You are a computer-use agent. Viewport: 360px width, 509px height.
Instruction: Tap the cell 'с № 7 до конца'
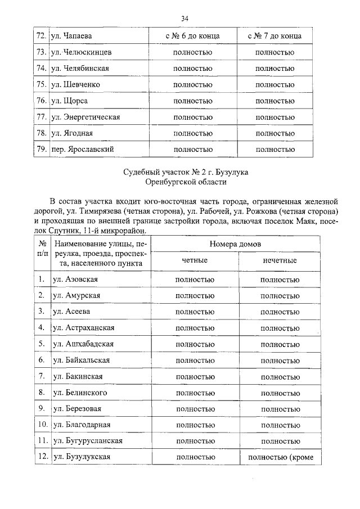point(274,36)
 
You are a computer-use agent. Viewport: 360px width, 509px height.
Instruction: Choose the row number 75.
point(40,84)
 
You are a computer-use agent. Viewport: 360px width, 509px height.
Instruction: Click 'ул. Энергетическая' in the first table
point(85,117)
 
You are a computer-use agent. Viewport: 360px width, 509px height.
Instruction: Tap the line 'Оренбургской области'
point(185,182)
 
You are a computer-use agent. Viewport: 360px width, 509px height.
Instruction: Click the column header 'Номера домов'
point(236,245)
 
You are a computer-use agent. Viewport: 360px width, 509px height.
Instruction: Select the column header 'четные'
point(195,260)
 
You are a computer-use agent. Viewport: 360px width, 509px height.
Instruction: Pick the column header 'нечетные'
point(280,260)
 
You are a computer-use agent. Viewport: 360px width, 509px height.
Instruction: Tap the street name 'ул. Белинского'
point(79,392)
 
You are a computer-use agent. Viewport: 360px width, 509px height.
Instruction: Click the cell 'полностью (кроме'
point(280,457)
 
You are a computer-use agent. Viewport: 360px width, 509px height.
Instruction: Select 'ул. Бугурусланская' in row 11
point(87,441)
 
